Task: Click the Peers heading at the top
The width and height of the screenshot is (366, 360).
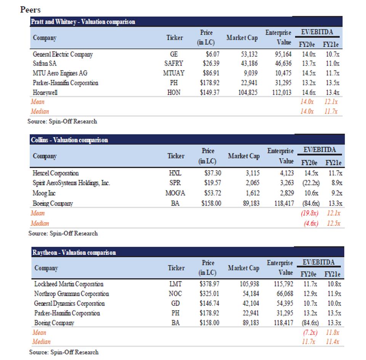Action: point(30,10)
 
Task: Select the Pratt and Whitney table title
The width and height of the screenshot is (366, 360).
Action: point(83,22)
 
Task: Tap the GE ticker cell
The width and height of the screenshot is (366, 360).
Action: point(174,54)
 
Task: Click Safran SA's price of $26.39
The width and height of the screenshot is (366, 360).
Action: point(211,63)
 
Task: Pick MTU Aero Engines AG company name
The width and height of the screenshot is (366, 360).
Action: point(60,73)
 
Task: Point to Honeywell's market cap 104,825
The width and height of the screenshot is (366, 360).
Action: point(248,93)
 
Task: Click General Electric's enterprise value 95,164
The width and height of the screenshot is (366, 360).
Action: point(283,54)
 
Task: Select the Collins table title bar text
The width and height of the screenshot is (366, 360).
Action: point(69,140)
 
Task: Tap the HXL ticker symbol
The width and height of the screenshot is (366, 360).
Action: point(175,173)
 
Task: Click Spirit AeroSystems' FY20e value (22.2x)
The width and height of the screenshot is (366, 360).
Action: point(311,183)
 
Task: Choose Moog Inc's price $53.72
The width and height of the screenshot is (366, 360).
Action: point(213,193)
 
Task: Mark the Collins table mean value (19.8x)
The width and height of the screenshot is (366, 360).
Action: point(310,213)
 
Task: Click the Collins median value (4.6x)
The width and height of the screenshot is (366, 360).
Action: point(311,223)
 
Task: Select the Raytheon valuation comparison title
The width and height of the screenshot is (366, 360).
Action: point(74,253)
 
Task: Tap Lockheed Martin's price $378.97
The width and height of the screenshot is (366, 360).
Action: point(209,284)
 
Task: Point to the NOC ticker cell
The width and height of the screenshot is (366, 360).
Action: point(175,294)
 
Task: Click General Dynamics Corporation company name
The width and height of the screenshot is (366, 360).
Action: point(69,304)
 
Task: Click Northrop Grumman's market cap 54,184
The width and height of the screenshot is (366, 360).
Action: point(251,294)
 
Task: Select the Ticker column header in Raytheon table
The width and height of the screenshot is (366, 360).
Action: point(176,268)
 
